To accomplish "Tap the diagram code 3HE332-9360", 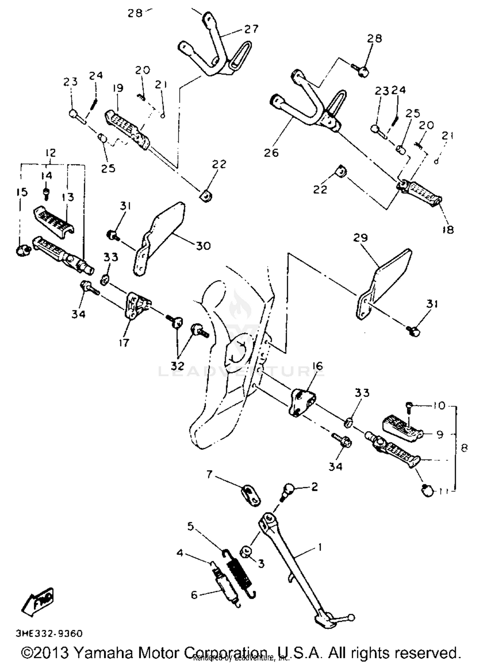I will (x=49, y=633).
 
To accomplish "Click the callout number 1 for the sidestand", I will (x=319, y=547).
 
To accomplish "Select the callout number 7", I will (x=209, y=474).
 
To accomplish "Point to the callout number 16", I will (x=317, y=366).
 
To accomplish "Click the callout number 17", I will (x=124, y=343).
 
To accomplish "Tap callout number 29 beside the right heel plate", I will (x=360, y=238).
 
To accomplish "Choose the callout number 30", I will (x=203, y=246).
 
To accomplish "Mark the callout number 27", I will (x=251, y=29).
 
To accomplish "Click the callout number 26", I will (x=271, y=152).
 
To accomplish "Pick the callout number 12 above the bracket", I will (x=51, y=152).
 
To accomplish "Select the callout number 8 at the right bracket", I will (x=464, y=448).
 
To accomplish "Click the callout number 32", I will (x=177, y=366).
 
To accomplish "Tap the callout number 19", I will (x=118, y=88).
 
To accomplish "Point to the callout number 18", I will (x=448, y=230).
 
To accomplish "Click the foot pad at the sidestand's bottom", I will (x=325, y=621).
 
